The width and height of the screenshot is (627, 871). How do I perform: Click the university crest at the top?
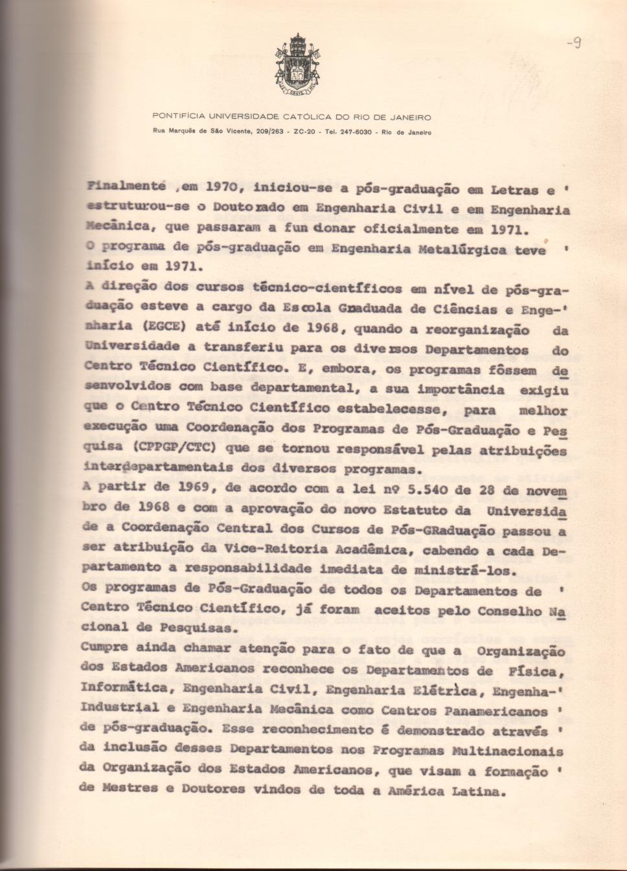[297, 64]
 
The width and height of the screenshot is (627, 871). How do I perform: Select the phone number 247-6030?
[354, 131]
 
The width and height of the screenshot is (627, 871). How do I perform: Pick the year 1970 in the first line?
[224, 188]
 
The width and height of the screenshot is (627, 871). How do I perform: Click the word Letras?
[515, 190]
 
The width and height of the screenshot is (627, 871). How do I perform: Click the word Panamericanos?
[496, 711]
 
